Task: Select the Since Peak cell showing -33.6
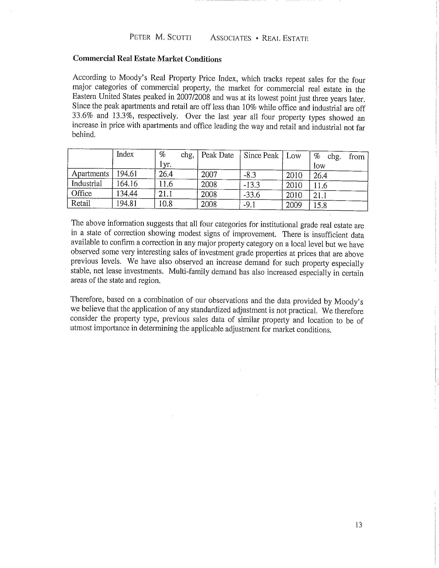(252, 194)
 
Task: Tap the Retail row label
(81, 203)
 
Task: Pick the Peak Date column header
(217, 155)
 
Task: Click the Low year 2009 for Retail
(294, 205)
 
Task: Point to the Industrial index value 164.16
(127, 184)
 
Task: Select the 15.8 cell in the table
(320, 206)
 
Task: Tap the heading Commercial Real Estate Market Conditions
(147, 59)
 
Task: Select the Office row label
(81, 193)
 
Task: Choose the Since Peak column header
(261, 155)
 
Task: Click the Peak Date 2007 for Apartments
(209, 174)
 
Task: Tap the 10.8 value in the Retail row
(166, 203)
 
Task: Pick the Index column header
(125, 154)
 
